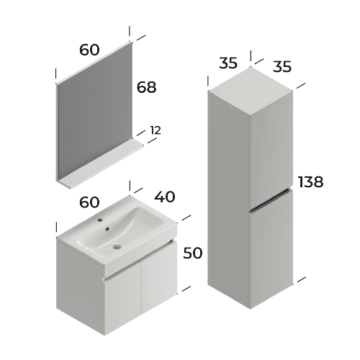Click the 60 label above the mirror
tap(89, 50)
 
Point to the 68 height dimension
tap(146, 87)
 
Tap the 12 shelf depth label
tap(156, 130)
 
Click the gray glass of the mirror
tap(94, 115)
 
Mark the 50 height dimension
tap(192, 253)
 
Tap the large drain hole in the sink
tap(117, 248)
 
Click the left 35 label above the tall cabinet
tap(228, 63)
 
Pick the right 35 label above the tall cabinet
tap(282, 67)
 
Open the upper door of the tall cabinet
tap(270, 144)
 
